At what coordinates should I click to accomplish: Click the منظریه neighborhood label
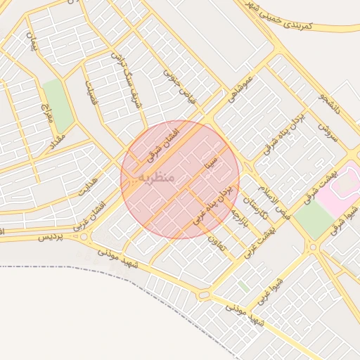[156, 176]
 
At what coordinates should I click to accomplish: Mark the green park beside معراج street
[57, 106]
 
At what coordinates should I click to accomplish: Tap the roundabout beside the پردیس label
[85, 237]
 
